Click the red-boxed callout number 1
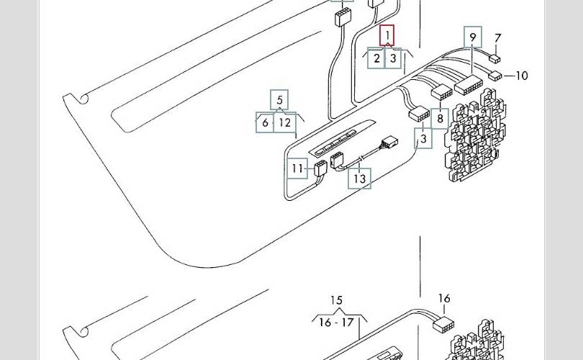[x=387, y=35]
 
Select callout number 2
[x=376, y=58]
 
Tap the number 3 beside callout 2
[x=393, y=58]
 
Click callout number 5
[x=279, y=100]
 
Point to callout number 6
[x=265, y=122]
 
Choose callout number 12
[x=285, y=122]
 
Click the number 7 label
[x=498, y=38]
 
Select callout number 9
[x=473, y=37]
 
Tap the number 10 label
[x=522, y=76]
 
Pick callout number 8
[x=440, y=119]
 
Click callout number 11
[x=297, y=168]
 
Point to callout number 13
[x=360, y=179]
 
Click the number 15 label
[x=337, y=300]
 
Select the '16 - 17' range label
[x=337, y=322]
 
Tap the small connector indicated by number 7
[x=495, y=58]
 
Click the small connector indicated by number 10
[x=495, y=76]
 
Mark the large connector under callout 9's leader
[x=469, y=86]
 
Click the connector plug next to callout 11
[x=320, y=167]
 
